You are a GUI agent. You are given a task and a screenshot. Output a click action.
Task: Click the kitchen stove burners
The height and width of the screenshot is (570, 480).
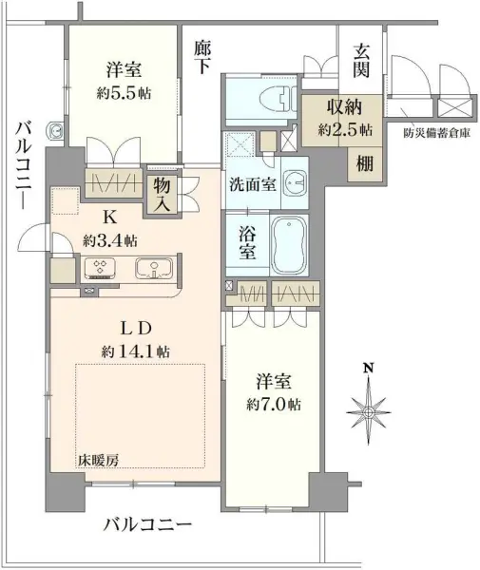coord(98,267)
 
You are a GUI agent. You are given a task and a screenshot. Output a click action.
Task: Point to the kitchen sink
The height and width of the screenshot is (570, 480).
coord(149,267)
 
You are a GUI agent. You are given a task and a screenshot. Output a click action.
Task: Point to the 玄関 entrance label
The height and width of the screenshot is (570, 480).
coord(363,62)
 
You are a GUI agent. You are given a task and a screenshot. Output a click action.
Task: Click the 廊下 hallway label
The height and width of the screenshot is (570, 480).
coord(201,58)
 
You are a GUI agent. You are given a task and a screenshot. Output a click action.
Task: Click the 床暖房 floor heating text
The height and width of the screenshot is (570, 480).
coord(99,461)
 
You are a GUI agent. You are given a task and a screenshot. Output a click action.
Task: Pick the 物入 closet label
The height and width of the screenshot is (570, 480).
coord(162,195)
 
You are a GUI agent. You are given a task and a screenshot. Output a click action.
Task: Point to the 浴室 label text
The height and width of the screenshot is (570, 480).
coord(246,243)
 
